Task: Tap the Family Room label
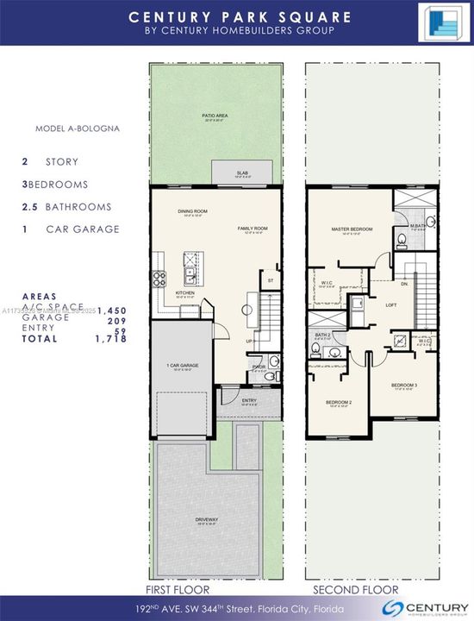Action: [x=254, y=229]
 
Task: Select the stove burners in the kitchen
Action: [x=159, y=278]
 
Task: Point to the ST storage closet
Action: [x=270, y=280]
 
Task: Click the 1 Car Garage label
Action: [x=183, y=366]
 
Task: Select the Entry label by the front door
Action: [x=249, y=400]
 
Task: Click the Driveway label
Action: [x=207, y=519]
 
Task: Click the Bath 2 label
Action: [x=323, y=335]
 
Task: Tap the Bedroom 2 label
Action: [x=339, y=402]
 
